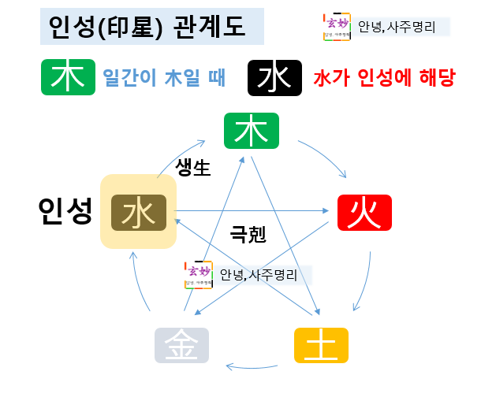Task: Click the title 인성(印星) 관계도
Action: [x=147, y=28]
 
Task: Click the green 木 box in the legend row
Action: [x=68, y=77]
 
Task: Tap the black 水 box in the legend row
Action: [x=274, y=77]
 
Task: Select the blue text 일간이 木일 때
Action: [x=164, y=78]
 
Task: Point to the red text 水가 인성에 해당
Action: [x=385, y=78]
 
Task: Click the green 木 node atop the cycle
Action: [x=252, y=131]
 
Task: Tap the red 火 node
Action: [x=364, y=211]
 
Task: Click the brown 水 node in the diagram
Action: [x=138, y=212]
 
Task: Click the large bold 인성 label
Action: [x=65, y=210]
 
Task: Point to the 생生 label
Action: [x=193, y=169]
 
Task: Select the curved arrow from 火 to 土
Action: [x=364, y=280]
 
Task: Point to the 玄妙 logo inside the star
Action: [x=199, y=274]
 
